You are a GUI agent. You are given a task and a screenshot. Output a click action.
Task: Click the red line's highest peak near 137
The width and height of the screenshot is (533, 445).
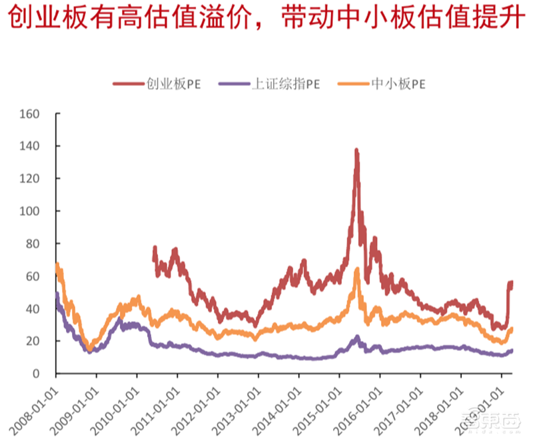pyautogui.click(x=356, y=151)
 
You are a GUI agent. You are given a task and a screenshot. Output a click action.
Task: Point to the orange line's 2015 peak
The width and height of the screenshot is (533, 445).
pyautogui.click(x=356, y=268)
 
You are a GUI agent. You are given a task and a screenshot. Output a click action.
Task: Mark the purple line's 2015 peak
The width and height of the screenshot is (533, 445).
pyautogui.click(x=357, y=337)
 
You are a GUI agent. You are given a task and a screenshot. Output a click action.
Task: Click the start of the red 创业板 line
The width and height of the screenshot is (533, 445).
pyautogui.click(x=154, y=248)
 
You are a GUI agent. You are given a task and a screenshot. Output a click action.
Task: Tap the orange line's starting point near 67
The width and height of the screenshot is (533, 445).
pyautogui.click(x=57, y=264)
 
